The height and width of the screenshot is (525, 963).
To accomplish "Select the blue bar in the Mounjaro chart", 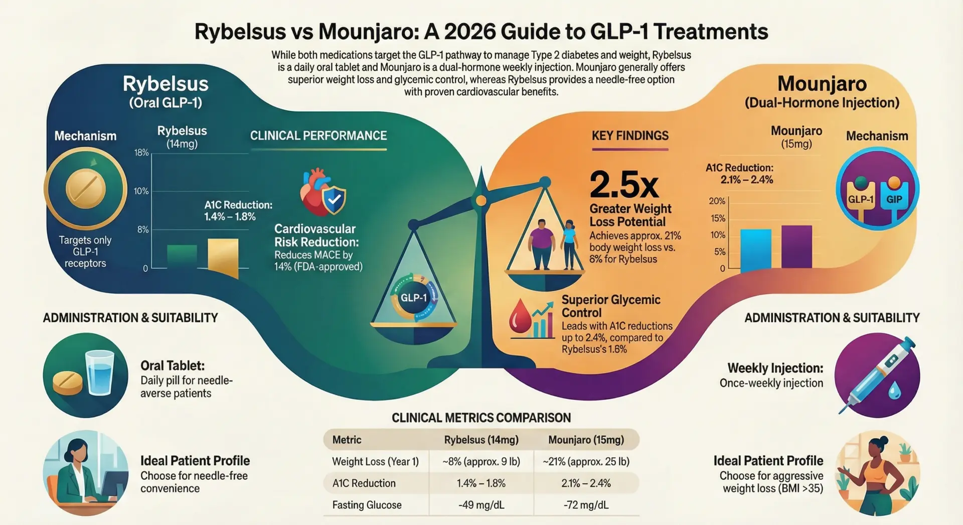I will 755,249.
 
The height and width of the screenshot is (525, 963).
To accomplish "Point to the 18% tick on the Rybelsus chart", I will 141,153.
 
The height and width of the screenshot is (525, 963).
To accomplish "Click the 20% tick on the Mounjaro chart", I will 717,201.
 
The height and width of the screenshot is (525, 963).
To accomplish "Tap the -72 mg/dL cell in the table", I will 586,505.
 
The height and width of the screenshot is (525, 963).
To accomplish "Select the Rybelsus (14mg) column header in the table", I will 481,440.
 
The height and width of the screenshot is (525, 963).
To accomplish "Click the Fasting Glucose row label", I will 367,505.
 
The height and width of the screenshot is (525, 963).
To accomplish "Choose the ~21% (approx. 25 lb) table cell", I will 586,461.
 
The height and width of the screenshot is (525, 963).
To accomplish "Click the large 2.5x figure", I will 623,185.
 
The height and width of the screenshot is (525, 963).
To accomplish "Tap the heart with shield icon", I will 323,193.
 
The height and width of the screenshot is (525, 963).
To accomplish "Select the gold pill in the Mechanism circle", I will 86,189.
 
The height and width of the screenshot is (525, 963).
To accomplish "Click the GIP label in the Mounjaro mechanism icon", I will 894,199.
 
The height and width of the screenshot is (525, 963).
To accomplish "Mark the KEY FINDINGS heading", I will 630,136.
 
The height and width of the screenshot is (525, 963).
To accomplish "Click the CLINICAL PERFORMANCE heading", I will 318,136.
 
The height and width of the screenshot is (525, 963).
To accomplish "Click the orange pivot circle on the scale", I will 481,201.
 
